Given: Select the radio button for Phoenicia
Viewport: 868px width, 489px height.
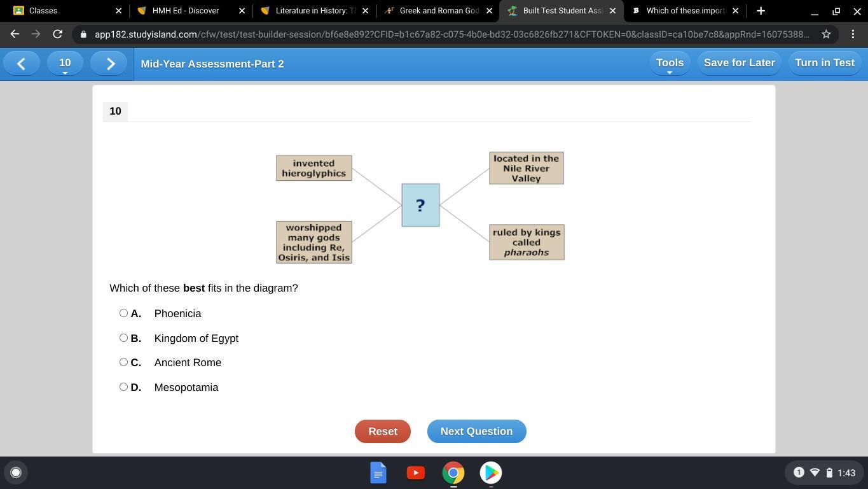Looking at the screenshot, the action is (123, 313).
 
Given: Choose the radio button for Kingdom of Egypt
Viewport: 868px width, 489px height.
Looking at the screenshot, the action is (123, 337).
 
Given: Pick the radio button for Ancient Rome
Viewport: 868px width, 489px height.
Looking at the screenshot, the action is (123, 362).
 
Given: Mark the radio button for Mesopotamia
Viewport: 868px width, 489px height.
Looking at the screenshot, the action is (123, 387).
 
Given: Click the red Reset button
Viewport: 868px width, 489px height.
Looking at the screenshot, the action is (382, 431).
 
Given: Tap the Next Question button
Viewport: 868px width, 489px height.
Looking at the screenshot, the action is (477, 431).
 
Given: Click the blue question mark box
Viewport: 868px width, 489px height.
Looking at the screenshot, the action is (420, 205).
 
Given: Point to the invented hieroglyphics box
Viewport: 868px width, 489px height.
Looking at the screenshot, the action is (314, 168).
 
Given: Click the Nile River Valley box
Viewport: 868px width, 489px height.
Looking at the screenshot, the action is (527, 168).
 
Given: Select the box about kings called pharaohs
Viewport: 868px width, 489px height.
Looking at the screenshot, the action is (527, 242).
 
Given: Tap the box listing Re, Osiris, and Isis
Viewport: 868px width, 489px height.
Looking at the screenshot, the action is (314, 242).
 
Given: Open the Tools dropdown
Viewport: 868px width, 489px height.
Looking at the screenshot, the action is (670, 63).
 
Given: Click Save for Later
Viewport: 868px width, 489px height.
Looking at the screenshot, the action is (740, 63).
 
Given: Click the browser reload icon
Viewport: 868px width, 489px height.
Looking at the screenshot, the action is (58, 34).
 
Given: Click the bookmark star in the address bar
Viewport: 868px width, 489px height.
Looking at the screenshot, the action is (826, 34).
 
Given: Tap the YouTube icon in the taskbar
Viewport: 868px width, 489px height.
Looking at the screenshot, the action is (416, 472).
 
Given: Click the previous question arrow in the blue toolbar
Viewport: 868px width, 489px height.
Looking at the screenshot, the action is (22, 64).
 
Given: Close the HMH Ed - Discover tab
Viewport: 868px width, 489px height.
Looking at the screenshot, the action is (242, 11).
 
